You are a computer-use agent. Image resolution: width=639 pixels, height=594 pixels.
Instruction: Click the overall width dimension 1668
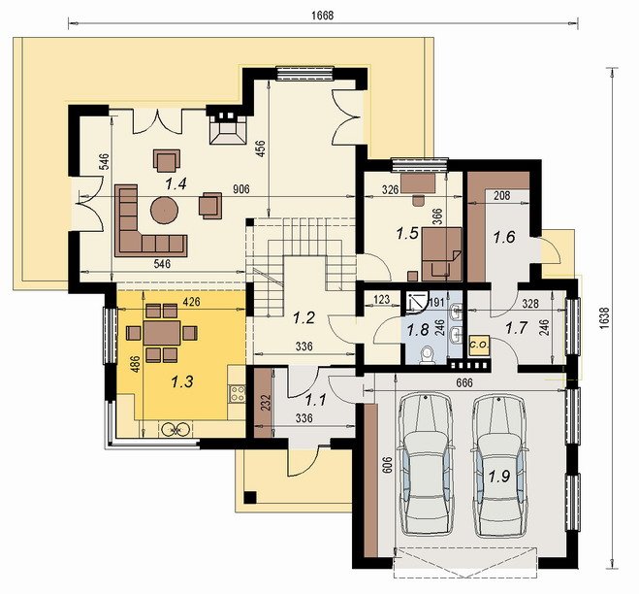[x=322, y=16]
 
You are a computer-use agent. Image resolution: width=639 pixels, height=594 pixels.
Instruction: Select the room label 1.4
[x=176, y=184]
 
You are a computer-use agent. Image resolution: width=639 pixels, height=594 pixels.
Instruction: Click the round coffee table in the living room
[x=164, y=210]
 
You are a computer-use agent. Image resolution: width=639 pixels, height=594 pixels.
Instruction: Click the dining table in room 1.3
[x=162, y=333]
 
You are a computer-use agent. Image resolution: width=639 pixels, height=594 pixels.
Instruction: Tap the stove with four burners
[x=238, y=394]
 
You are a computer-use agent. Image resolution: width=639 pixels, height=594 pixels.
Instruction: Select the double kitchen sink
[x=176, y=429]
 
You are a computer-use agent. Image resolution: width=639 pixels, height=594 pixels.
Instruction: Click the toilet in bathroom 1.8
[x=428, y=354]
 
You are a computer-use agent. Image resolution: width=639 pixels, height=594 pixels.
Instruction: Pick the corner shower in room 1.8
[x=416, y=302]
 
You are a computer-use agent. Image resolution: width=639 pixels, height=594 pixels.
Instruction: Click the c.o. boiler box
[x=479, y=346]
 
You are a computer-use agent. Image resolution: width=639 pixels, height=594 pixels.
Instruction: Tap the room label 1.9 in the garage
[x=499, y=477]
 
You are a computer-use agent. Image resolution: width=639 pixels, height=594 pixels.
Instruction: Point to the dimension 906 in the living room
[x=240, y=189]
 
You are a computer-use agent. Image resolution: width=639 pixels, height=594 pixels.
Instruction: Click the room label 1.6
[x=504, y=237]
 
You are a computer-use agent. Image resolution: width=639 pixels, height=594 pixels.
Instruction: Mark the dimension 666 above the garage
[x=464, y=383]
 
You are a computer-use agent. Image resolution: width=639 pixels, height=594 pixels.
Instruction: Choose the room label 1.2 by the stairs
[x=304, y=317]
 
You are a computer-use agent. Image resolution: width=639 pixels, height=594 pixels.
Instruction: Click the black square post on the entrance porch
[x=250, y=497]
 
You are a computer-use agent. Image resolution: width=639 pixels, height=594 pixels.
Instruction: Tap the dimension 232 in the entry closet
[x=265, y=404]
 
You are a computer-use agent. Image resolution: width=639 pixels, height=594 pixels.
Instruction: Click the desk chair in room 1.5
[x=418, y=200]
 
